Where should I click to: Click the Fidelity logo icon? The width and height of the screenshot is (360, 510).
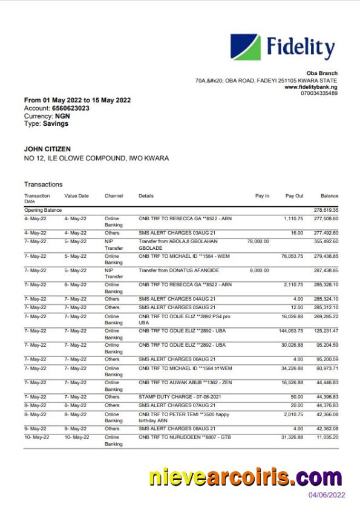click(246, 47)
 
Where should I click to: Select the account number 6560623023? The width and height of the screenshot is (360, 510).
click(71, 108)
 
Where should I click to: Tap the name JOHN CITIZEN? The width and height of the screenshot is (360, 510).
click(47, 149)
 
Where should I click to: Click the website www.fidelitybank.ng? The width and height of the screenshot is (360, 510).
click(311, 87)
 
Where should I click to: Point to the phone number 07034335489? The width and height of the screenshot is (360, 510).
click(319, 93)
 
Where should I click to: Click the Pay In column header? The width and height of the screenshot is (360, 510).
click(262, 196)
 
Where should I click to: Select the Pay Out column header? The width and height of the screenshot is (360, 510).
click(294, 196)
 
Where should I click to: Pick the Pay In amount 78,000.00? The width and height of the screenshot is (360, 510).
click(258, 241)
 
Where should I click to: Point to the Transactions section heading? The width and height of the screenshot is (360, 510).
click(43, 184)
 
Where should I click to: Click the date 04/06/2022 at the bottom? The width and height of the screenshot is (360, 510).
click(327, 495)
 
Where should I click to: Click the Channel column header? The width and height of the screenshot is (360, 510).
click(114, 196)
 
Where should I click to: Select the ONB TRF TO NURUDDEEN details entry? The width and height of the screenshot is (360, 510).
click(182, 437)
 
